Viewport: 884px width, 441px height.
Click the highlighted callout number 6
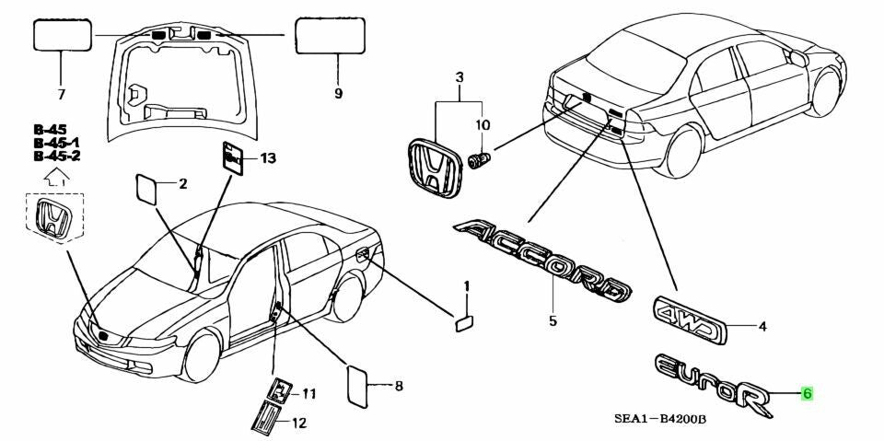click(807, 394)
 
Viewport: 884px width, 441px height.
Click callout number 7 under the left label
click(62, 93)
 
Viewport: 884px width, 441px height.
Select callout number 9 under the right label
click(338, 93)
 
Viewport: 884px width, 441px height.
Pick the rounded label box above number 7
click(63, 36)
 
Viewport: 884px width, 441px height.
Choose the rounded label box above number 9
click(329, 36)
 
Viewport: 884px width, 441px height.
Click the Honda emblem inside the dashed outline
click(52, 218)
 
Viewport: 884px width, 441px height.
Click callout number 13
click(267, 159)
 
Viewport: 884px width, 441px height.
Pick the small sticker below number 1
click(464, 320)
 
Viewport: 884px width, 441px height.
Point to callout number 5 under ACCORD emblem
click(552, 321)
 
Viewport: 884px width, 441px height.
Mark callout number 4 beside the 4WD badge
click(762, 326)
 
